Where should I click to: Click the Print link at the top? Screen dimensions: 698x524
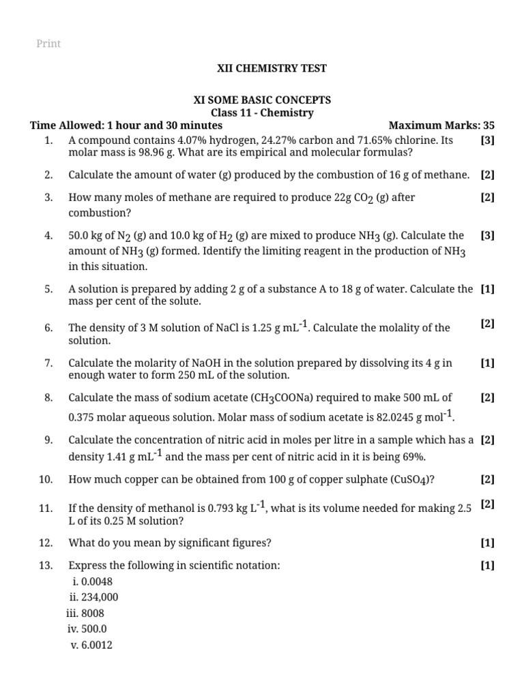coord(48,44)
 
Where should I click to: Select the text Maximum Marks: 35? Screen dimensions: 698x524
coord(441,125)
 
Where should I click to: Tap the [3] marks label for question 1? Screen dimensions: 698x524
coord(487,140)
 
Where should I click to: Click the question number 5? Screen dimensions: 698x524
coord(48,288)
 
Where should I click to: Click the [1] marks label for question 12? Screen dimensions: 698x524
coord(487,543)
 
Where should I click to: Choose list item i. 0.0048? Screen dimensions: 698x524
coord(93,581)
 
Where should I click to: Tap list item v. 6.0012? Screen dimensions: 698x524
coord(91,644)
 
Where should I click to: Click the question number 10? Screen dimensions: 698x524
coord(46,479)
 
